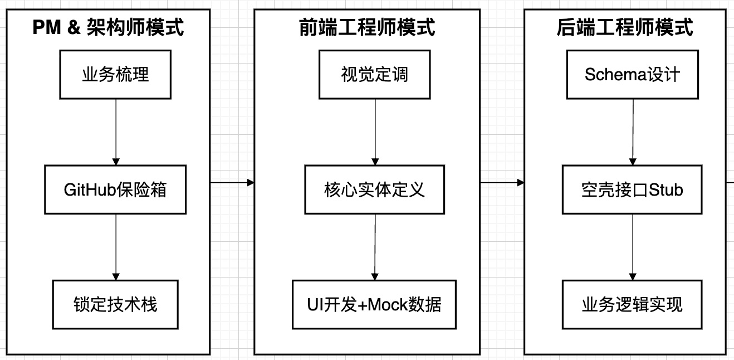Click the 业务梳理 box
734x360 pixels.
[x=115, y=75]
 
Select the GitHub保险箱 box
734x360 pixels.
[x=115, y=189]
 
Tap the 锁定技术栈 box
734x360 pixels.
[x=115, y=304]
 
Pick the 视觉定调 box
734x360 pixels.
[x=374, y=75]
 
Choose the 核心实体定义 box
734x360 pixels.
[x=374, y=189]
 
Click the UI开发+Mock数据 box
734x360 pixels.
[x=374, y=304]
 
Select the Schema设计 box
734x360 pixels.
[x=633, y=75]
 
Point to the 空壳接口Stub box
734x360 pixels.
[x=633, y=189]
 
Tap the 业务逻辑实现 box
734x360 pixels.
[x=633, y=304]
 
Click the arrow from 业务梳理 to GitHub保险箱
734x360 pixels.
[x=115, y=132]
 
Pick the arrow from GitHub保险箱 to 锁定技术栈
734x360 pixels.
[x=115, y=246]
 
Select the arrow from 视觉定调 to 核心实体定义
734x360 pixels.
[x=374, y=132]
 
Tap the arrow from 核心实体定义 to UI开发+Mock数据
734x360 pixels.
[x=374, y=247]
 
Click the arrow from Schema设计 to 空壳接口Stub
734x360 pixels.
[x=633, y=132]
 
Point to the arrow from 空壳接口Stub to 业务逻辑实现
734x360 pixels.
[x=633, y=246]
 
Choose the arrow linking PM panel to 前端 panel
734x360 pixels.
[x=232, y=182]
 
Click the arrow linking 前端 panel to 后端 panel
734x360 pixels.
[x=502, y=182]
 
